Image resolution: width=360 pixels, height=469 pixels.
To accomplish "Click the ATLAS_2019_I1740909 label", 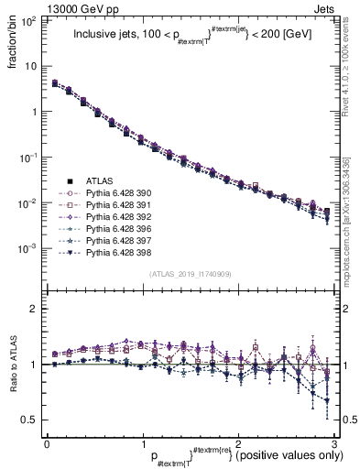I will coord(189,274).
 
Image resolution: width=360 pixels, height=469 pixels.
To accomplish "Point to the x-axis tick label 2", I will coord(237,442).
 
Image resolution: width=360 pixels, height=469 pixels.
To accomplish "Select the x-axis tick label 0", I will coord(47,442).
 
